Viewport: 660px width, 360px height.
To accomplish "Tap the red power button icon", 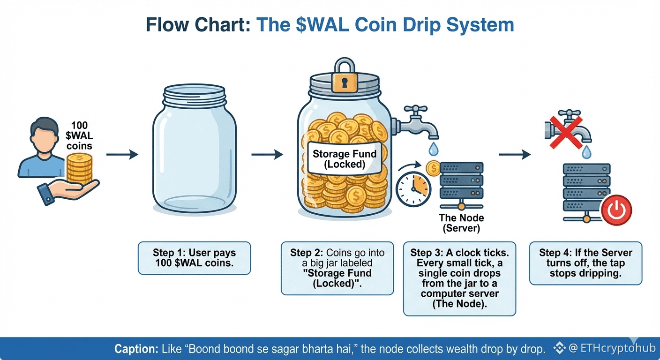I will tap(616, 210).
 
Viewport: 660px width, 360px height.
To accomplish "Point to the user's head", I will tap(42, 134).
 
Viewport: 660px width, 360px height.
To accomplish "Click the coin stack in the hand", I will tap(79, 170).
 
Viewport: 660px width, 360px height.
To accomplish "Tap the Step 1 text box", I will tap(194, 258).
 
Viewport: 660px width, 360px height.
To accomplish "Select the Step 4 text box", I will tap(585, 263).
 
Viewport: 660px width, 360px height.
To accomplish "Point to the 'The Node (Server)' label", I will tap(461, 223).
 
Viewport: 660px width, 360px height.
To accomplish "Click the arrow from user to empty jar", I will tap(122, 154).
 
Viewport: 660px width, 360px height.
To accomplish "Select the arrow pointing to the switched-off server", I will tap(514, 154).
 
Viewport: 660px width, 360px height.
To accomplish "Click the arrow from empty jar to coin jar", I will tap(267, 154).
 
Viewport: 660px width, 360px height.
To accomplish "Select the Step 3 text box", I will tap(459, 278).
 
